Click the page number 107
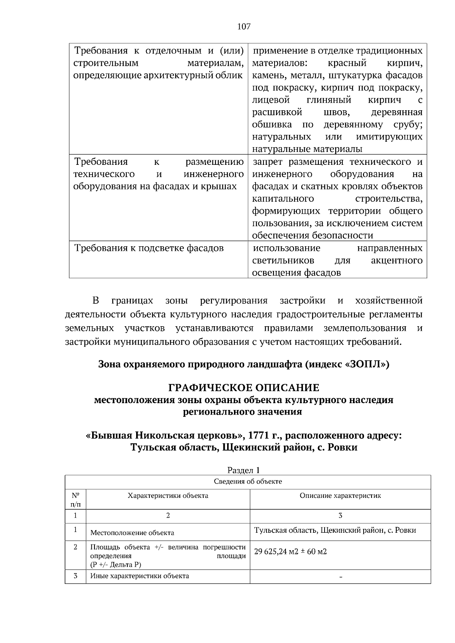[244, 27]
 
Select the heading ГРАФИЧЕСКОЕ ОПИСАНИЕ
[244, 388]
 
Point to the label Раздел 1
[243, 470]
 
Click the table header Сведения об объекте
[248, 482]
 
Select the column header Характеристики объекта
[168, 495]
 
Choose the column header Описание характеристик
[340, 495]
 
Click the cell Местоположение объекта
[132, 533]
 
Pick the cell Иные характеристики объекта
[140, 576]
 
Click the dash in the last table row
[340, 577]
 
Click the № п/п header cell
[75, 499]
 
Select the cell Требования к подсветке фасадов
[149, 248]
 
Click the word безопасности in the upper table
[343, 235]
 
